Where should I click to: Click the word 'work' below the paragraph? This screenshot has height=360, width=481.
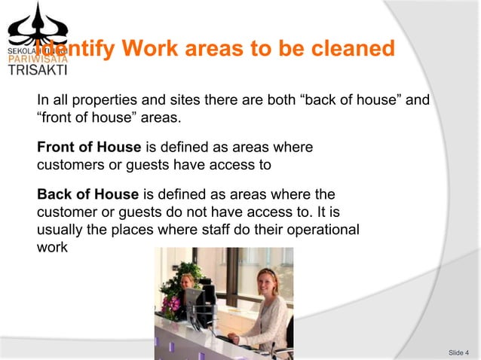(52, 246)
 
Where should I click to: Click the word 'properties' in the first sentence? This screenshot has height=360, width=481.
(100, 99)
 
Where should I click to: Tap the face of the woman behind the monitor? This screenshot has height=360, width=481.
(188, 282)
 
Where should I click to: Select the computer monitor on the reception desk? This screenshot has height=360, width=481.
(195, 305)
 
